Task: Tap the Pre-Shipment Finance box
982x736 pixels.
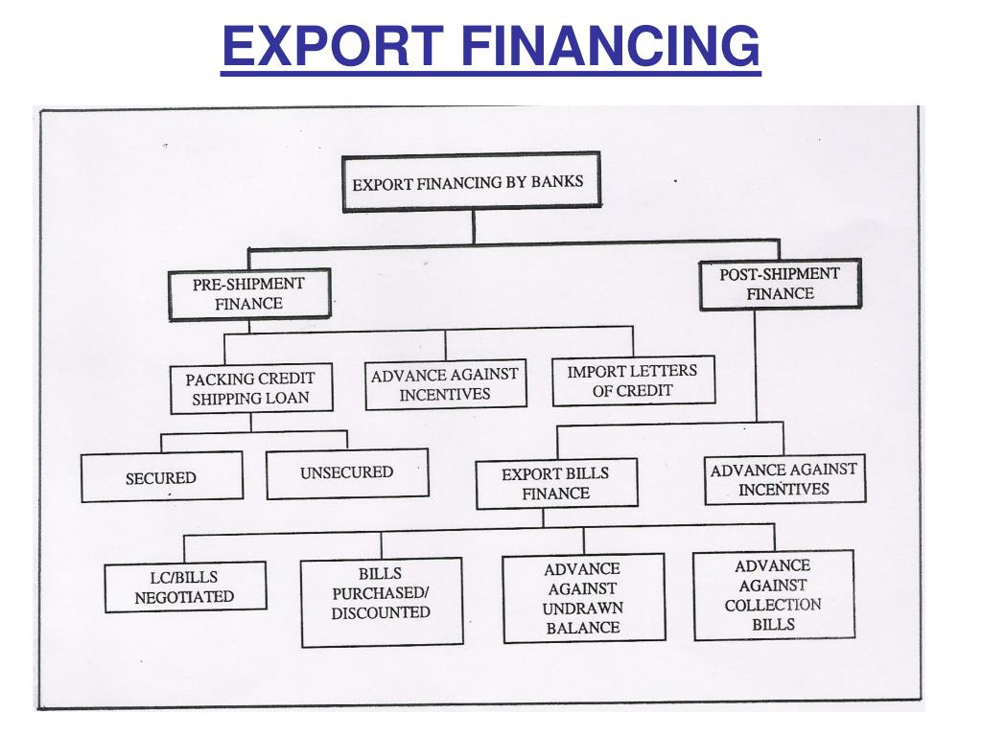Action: (248, 294)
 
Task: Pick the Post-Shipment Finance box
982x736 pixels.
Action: (780, 284)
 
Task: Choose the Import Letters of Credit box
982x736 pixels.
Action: (632, 380)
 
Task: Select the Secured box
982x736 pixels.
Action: (161, 476)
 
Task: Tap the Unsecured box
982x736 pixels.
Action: (346, 472)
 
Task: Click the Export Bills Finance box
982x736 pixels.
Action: (555, 483)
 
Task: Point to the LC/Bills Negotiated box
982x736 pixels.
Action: (184, 586)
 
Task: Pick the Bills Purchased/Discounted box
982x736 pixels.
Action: (381, 593)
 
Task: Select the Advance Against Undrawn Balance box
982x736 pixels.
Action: (582, 598)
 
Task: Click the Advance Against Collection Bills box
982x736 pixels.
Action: (772, 594)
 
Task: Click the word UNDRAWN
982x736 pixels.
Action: (582, 609)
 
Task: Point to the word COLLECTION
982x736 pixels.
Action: (772, 605)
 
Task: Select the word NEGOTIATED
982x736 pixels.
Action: (184, 596)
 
